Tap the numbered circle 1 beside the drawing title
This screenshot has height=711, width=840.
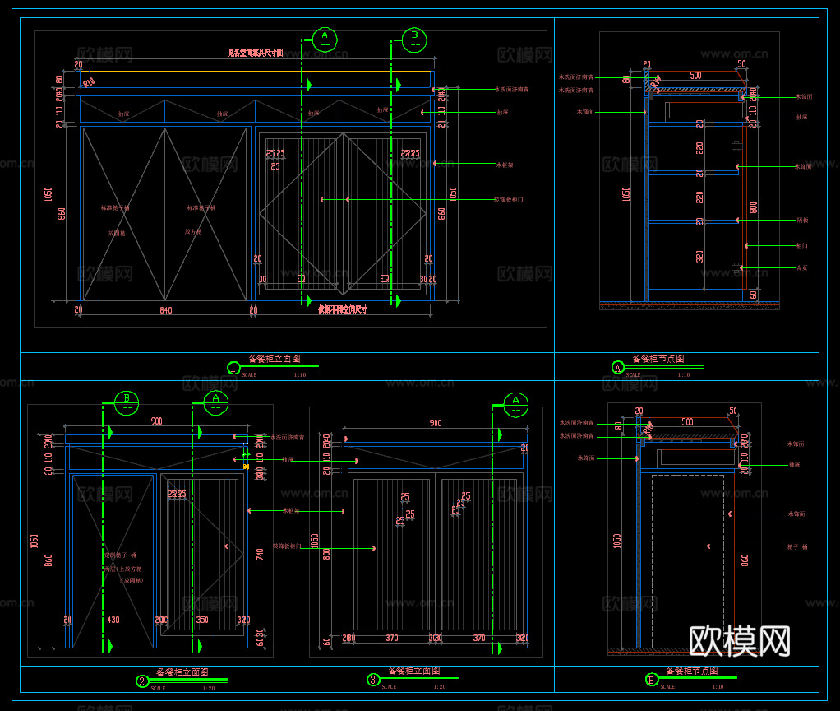[233, 368]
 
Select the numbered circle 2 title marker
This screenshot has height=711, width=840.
[142, 681]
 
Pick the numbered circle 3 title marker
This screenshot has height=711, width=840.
[372, 680]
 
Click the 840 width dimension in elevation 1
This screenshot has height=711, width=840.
[165, 310]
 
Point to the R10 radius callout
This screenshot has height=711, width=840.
[88, 81]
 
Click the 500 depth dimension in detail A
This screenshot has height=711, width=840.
[695, 76]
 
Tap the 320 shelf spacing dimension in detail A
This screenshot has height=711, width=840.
[699, 256]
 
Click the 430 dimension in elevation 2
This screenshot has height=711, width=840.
[113, 620]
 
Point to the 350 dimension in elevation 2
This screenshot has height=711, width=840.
[202, 620]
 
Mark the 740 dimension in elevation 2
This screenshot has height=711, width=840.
[260, 555]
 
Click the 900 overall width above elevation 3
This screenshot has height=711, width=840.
[436, 423]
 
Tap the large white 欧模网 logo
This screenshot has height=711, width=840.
[739, 641]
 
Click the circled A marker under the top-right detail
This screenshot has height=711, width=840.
[618, 367]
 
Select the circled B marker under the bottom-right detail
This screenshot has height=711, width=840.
[652, 680]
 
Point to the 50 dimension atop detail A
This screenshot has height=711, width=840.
[741, 64]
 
